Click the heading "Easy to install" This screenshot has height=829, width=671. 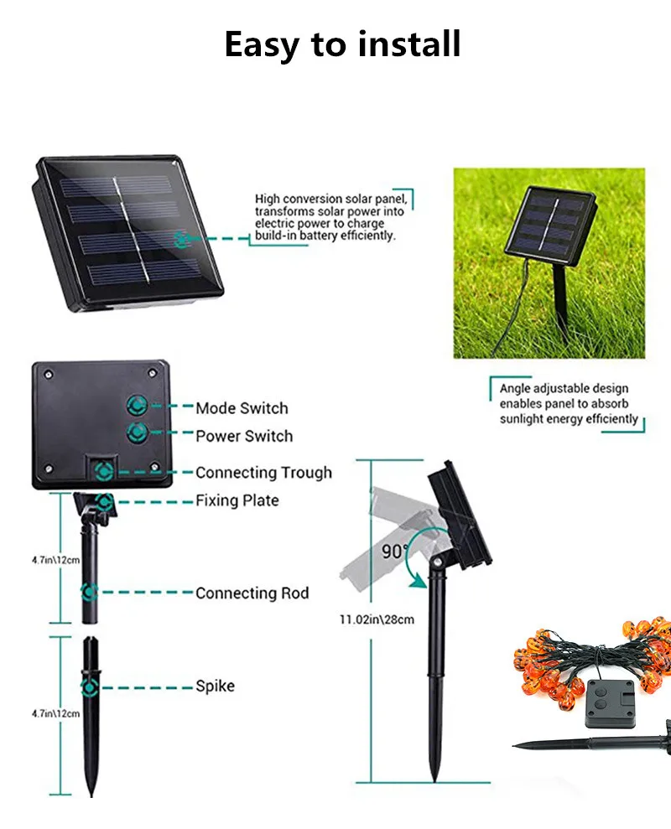(342, 44)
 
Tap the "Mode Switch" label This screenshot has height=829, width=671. (242, 408)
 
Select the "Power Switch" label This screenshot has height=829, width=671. (244, 436)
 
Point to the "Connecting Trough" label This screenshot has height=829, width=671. (263, 473)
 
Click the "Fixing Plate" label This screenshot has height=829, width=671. (237, 500)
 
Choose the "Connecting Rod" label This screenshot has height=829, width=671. (252, 593)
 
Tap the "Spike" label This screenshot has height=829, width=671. (215, 686)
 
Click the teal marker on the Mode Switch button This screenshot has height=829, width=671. (135, 407)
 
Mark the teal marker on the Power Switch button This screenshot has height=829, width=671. (135, 433)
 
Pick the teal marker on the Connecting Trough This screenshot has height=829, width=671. (104, 470)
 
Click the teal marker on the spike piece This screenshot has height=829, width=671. (89, 688)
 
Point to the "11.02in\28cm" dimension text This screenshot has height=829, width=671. (377, 619)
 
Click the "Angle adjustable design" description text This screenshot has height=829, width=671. (564, 389)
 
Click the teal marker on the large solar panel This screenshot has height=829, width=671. (181, 239)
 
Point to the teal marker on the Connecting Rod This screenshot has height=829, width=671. (89, 592)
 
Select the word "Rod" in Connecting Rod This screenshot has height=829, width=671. (294, 593)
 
